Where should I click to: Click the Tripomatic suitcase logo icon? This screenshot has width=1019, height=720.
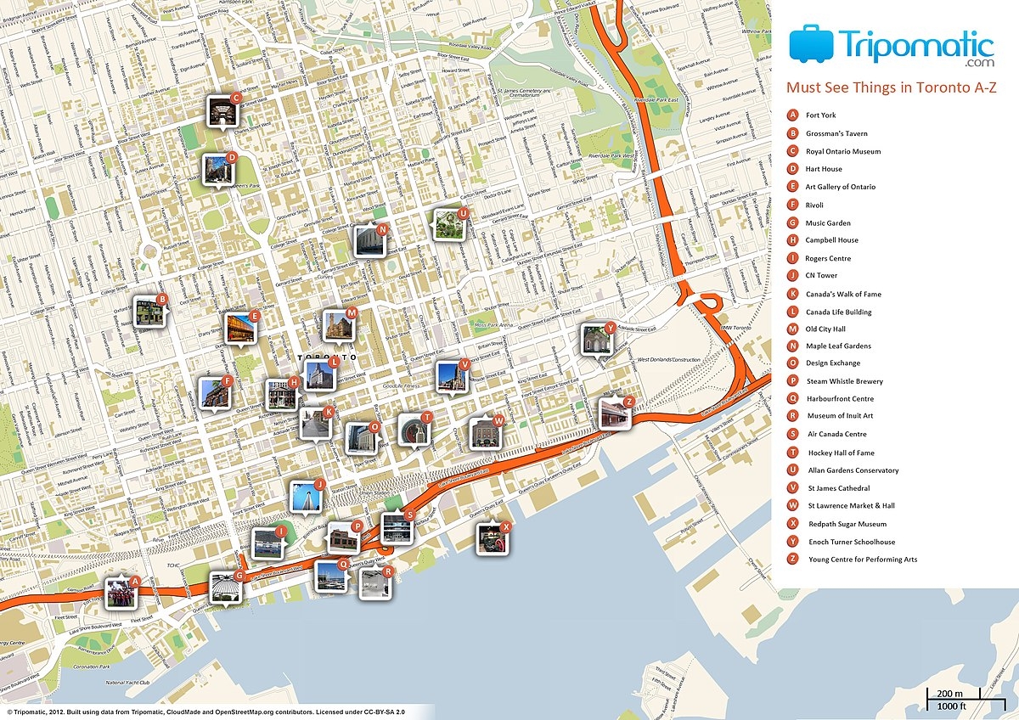[x=811, y=43]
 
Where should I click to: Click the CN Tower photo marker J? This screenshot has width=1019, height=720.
[x=305, y=497]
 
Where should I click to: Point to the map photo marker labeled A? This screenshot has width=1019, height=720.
[x=120, y=592]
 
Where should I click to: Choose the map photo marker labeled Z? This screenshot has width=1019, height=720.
[x=615, y=413]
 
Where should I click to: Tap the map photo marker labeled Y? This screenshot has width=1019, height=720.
[x=596, y=340]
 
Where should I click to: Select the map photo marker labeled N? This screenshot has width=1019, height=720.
[x=369, y=241]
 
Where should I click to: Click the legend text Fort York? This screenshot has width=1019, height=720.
[x=820, y=115]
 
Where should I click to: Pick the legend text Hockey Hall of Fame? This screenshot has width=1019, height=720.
[x=841, y=453]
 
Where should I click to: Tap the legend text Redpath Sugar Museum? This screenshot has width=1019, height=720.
[x=847, y=524]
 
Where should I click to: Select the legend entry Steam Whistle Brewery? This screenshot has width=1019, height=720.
[x=844, y=381]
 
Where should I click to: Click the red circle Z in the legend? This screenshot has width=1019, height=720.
[x=792, y=559]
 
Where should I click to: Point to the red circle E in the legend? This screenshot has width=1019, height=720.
[x=792, y=187]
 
